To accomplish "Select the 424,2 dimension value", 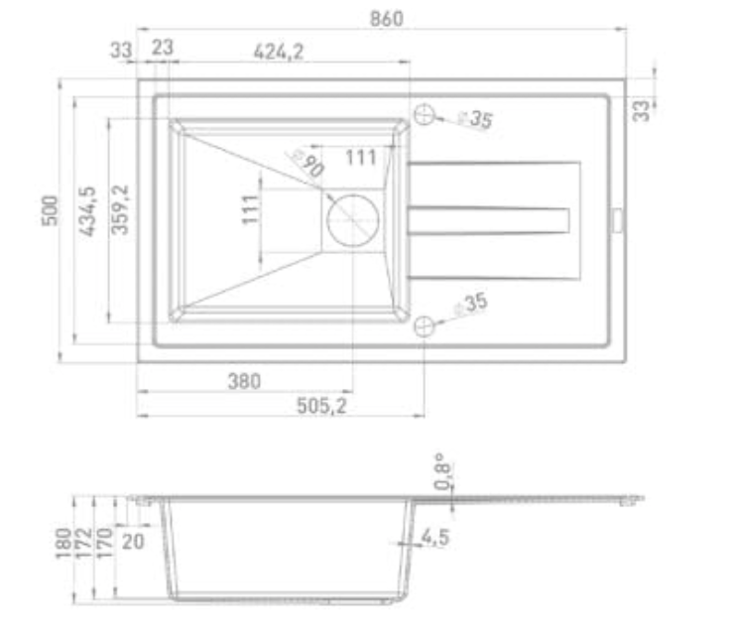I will tap(279, 52).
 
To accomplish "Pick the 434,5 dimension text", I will tap(86, 211).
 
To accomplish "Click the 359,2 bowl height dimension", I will tap(121, 209).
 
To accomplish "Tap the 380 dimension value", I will tap(243, 380).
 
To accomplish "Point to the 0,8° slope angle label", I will tap(442, 473).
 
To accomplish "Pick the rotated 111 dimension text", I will tap(251, 208).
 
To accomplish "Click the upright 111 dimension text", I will tap(362, 156).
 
